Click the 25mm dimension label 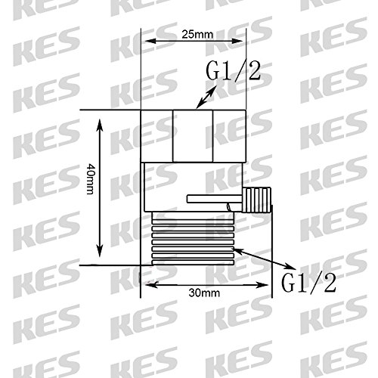click(197, 34)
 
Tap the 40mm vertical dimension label click(90, 179)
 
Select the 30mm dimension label click(204, 293)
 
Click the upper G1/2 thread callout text click(233, 71)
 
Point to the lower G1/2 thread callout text click(308, 283)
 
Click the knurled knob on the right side click(257, 200)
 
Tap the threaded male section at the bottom click(193, 238)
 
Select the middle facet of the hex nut click(193, 135)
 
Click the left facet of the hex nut click(156, 135)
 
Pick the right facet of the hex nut click(229, 135)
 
